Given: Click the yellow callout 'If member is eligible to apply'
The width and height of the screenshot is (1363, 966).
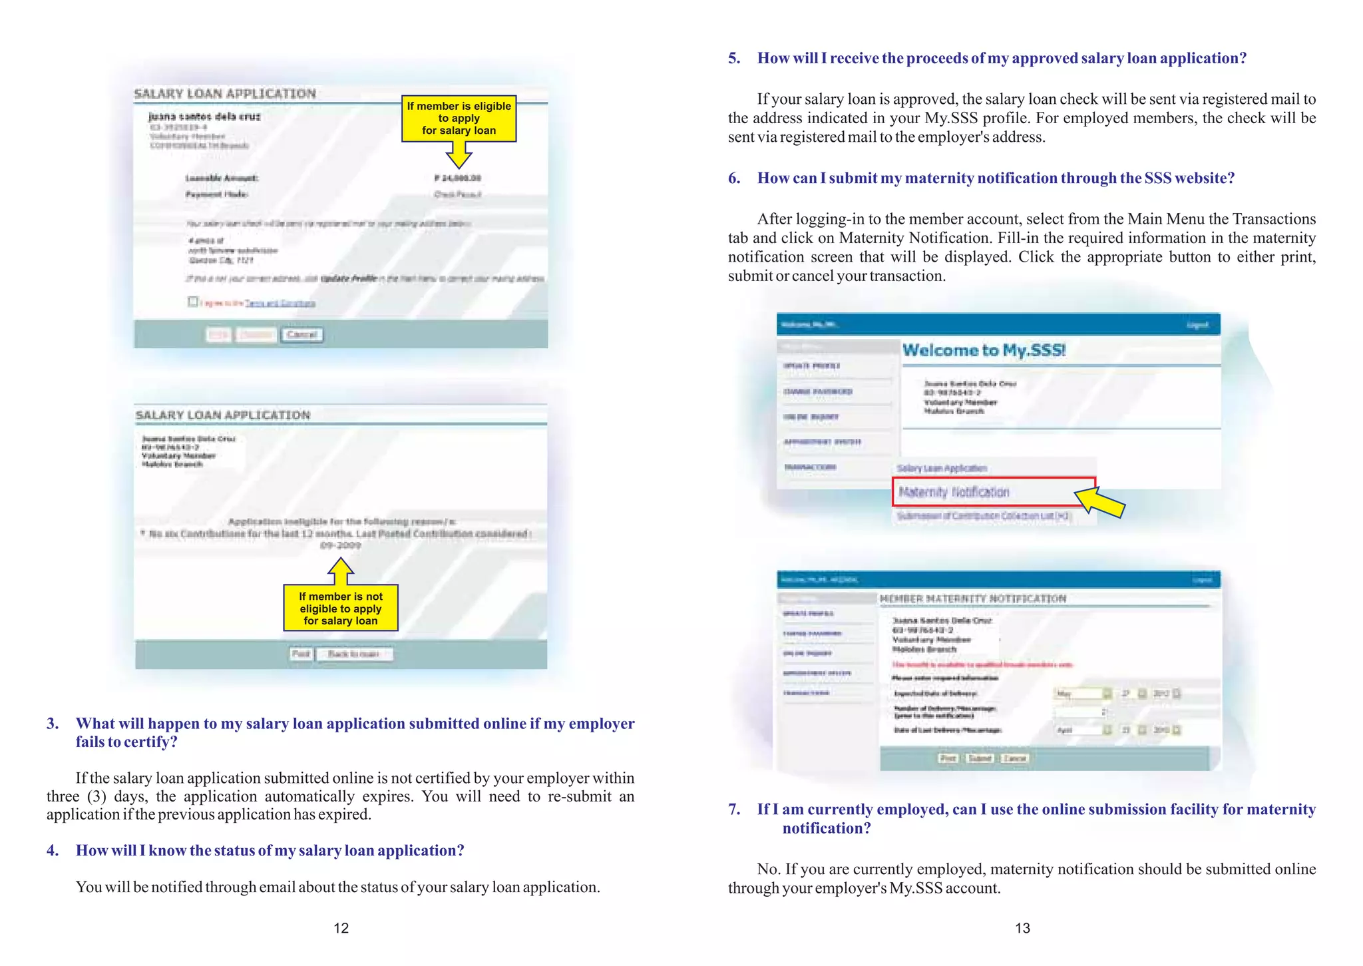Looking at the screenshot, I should tap(459, 119).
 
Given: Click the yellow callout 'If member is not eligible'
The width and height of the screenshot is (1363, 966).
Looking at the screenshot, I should tap(340, 608).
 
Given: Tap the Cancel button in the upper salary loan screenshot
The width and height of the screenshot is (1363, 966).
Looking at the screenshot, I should tap(301, 334).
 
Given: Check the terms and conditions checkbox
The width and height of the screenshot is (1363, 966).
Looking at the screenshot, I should tap(193, 302).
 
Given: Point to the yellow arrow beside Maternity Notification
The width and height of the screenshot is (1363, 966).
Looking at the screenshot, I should tap(1099, 501).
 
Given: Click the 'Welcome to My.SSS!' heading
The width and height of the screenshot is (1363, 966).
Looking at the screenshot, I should tap(984, 350).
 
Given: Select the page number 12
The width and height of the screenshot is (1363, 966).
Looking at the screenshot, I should tap(341, 928).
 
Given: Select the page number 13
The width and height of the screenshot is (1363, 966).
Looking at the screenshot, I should tap(1022, 928).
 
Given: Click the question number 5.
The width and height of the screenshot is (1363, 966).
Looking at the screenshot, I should tap(733, 59).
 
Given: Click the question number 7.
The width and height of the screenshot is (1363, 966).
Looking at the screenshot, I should tap(733, 810).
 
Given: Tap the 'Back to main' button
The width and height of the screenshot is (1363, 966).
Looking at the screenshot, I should tap(353, 654).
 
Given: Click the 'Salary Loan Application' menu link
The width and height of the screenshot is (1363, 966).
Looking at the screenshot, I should tap(941, 468).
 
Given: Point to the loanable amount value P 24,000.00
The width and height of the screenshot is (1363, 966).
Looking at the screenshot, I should tap(457, 178).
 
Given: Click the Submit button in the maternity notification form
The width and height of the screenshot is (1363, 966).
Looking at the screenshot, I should tap(979, 758).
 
